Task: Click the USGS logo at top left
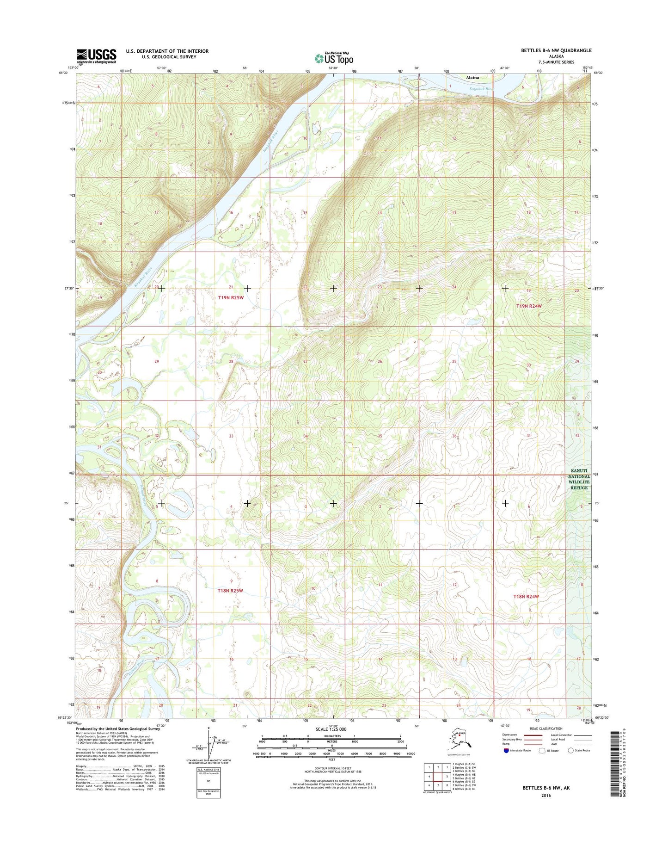[x=96, y=56]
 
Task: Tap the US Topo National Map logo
[x=334, y=58]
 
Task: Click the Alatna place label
[x=472, y=78]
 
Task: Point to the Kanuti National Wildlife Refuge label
[x=579, y=479]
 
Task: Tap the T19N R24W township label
[x=529, y=306]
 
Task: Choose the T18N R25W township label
[x=230, y=591]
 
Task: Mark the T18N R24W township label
[x=526, y=597]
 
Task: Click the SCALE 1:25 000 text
[x=331, y=729]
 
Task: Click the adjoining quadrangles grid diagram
[x=437, y=777]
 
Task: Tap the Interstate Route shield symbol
[x=506, y=750]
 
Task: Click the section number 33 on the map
[x=231, y=436]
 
